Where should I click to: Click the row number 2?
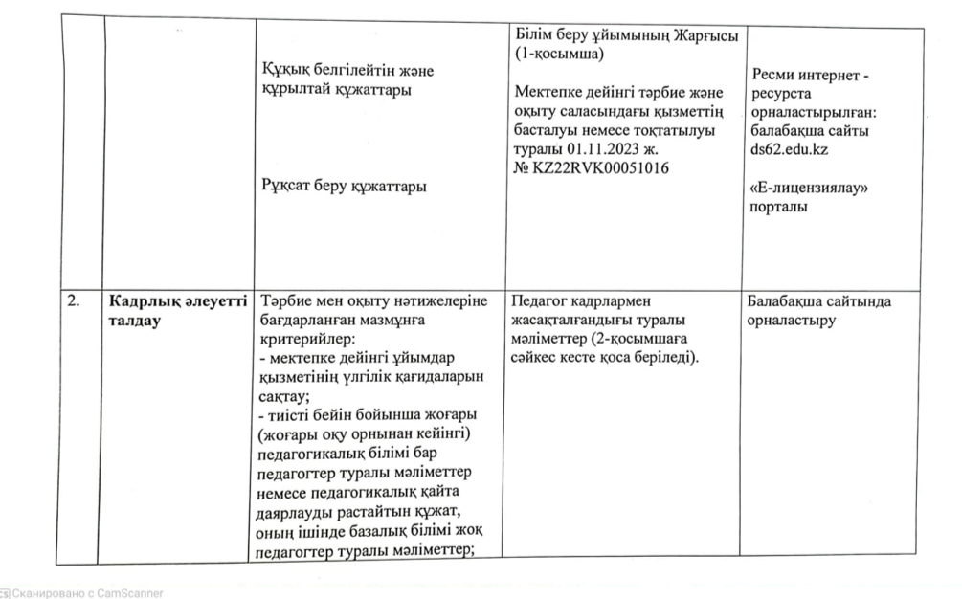tap(72, 302)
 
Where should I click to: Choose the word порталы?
tap(779, 207)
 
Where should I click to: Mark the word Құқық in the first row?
tap(284, 70)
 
